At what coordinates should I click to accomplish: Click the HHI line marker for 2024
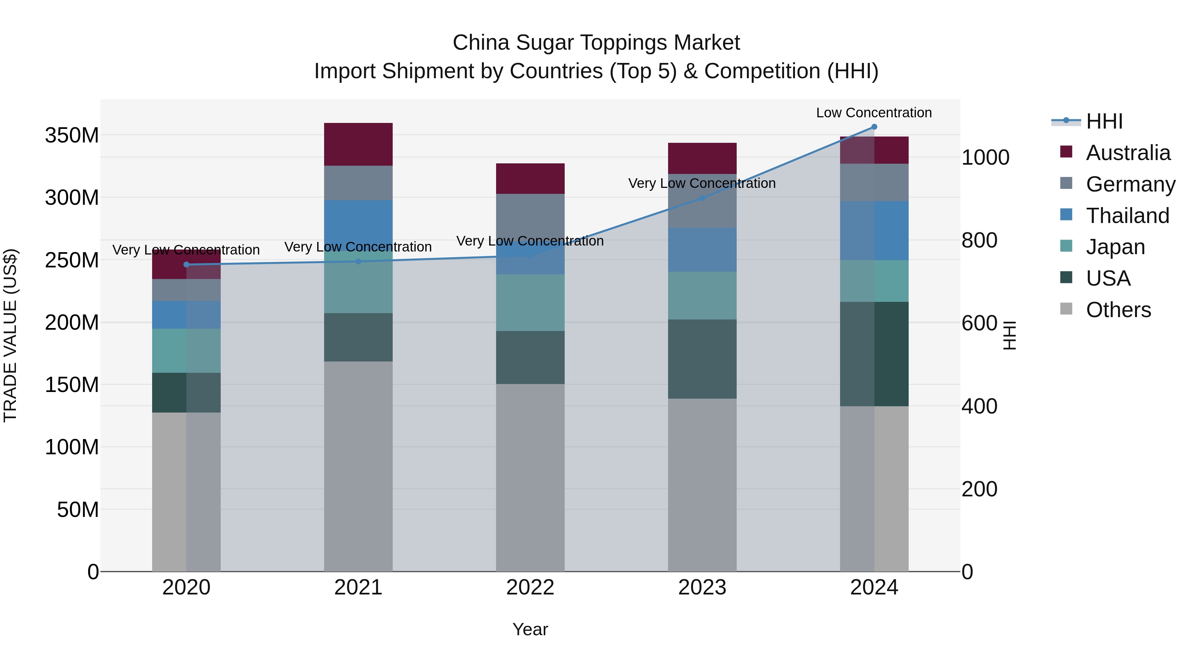pyautogui.click(x=874, y=127)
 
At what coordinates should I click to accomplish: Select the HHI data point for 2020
pyautogui.click(x=187, y=264)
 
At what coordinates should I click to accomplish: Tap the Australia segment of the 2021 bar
pyautogui.click(x=358, y=144)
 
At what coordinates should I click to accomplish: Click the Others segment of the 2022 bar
pyautogui.click(x=530, y=477)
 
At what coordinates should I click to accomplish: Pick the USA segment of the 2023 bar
pyautogui.click(x=702, y=359)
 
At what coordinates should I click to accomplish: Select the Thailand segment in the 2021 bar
pyautogui.click(x=358, y=222)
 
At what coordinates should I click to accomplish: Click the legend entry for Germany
pyautogui.click(x=1130, y=184)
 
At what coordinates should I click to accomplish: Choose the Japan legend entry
pyautogui.click(x=1115, y=247)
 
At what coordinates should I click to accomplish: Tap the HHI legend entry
pyautogui.click(x=1104, y=121)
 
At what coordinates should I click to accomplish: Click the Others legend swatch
pyautogui.click(x=1066, y=309)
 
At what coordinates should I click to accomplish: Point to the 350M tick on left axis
pyautogui.click(x=72, y=136)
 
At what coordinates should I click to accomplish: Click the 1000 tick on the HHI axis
pyautogui.click(x=985, y=157)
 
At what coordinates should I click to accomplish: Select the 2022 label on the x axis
pyautogui.click(x=530, y=587)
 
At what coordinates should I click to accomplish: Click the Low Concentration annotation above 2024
pyautogui.click(x=874, y=113)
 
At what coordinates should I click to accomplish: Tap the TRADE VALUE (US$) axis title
pyautogui.click(x=10, y=335)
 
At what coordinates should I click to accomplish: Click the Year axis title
pyautogui.click(x=530, y=629)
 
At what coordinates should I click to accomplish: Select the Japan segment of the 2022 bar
pyautogui.click(x=530, y=303)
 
